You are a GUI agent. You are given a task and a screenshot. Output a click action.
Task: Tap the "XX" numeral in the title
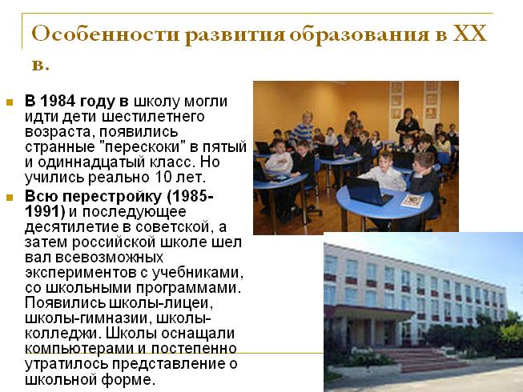469,34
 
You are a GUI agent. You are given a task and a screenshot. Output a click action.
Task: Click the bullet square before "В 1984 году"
10,102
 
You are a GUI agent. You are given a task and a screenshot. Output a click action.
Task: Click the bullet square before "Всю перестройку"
10,198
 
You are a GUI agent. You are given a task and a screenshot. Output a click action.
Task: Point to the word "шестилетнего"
153,117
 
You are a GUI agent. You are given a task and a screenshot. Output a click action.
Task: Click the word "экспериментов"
81,273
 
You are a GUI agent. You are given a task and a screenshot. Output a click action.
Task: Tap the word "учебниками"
198,273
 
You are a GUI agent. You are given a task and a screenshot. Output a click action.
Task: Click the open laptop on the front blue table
370,191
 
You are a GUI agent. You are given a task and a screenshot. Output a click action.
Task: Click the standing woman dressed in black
407,126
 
